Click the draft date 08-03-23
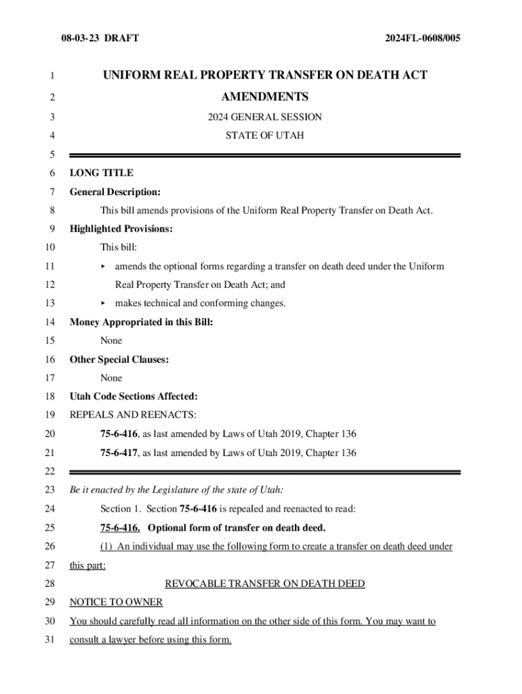coord(79,39)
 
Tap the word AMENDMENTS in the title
coord(264,97)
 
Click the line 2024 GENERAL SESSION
coord(264,117)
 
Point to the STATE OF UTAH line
coord(264,136)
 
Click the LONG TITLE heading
coord(102,173)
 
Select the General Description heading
coord(115,192)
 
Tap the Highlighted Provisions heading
coord(121,229)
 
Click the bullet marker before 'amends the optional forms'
coord(104,266)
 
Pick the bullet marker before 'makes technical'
coord(104,303)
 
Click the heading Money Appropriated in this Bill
coord(142,322)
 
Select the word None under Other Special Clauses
coord(111,377)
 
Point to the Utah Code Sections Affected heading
coord(134,396)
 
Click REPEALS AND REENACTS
coord(133,415)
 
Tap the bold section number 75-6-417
coord(119,453)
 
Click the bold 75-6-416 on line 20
coord(119,434)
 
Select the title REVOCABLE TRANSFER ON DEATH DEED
coord(265,584)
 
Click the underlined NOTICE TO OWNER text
coord(116,602)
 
